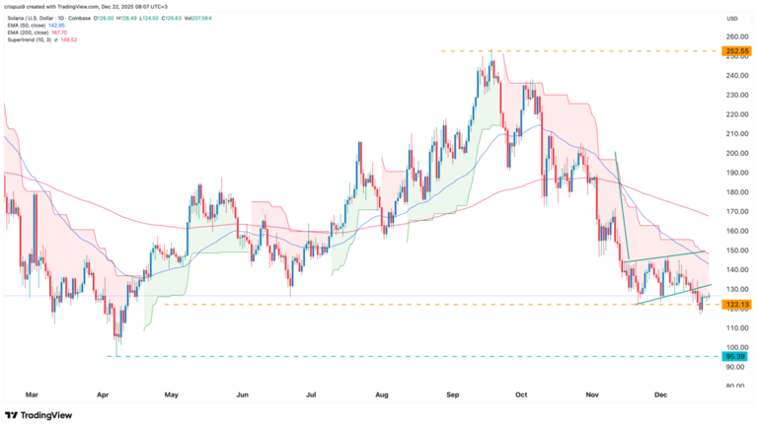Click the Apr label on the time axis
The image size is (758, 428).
[x=103, y=394]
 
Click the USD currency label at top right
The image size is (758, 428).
[x=731, y=18]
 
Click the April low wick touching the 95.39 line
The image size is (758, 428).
[x=116, y=356]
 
